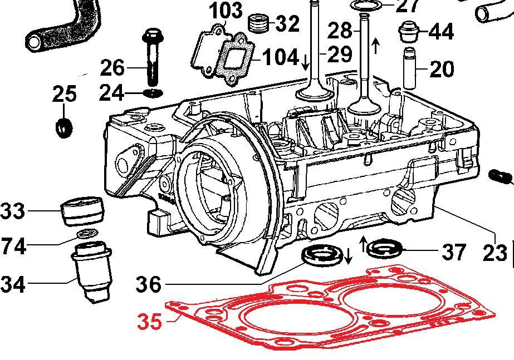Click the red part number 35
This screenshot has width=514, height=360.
[149, 322]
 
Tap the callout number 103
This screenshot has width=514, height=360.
[226, 10]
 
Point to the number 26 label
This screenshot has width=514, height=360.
[113, 68]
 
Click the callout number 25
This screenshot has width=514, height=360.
[65, 94]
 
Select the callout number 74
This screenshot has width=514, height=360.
[13, 245]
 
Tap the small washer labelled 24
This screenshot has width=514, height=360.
[153, 92]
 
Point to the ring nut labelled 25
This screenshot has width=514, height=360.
[64, 127]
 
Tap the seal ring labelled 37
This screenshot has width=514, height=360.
[385, 248]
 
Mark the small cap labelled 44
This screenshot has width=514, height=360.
[409, 32]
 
